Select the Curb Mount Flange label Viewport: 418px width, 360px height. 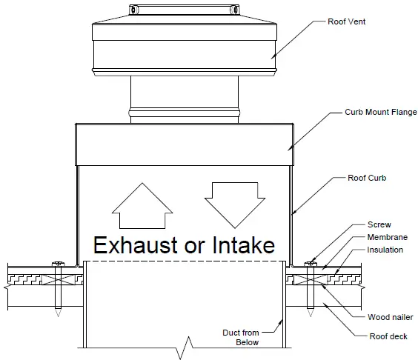(x=381, y=113)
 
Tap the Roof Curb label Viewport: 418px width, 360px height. (x=366, y=178)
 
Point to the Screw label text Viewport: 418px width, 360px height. (x=379, y=224)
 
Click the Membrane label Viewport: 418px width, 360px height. (x=386, y=237)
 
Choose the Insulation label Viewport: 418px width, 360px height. (x=385, y=250)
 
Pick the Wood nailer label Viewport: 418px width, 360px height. (x=390, y=317)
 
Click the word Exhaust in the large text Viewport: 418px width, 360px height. (x=135, y=245)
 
